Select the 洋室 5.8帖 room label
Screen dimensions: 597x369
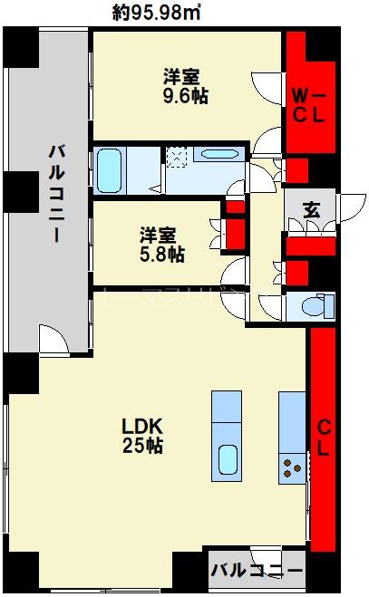[x=163, y=243]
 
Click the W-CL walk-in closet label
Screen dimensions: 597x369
[x=310, y=103]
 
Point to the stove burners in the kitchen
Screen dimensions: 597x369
[x=293, y=467]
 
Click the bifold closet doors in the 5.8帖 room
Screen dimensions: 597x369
[x=218, y=232]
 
